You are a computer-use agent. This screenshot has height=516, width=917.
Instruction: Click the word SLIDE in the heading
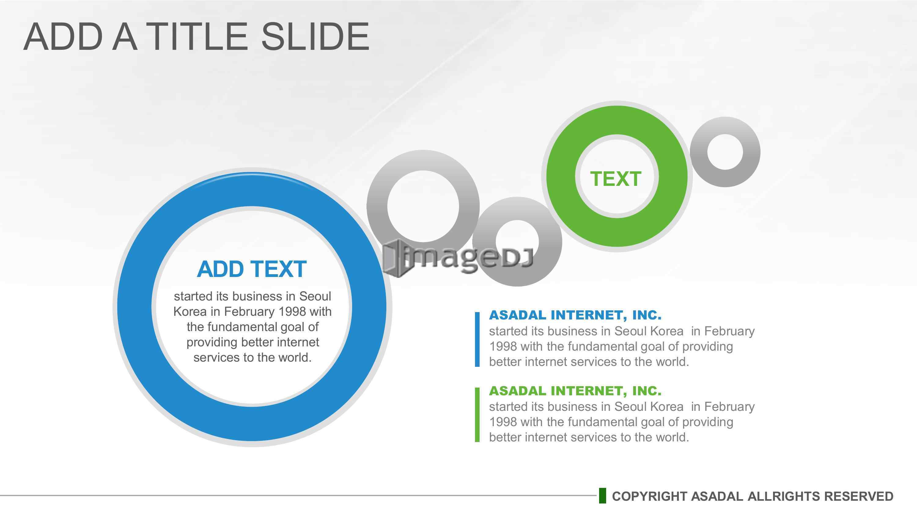(x=315, y=36)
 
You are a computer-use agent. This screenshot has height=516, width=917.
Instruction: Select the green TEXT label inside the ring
(x=616, y=179)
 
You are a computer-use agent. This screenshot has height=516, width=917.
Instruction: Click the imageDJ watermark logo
(x=458, y=257)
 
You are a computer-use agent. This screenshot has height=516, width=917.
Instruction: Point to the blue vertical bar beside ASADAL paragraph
(x=477, y=339)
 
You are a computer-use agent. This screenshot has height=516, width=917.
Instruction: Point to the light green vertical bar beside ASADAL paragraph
(x=477, y=415)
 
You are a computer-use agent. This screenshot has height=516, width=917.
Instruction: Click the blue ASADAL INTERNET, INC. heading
(x=575, y=315)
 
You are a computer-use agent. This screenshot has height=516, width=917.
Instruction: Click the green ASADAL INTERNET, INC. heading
(x=575, y=391)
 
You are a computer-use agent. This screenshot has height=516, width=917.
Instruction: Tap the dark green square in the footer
(x=602, y=496)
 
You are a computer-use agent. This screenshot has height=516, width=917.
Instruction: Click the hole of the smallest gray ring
(x=725, y=152)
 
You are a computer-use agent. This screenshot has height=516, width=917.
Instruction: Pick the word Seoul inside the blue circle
(x=315, y=296)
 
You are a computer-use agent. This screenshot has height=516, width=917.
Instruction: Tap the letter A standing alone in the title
(x=125, y=36)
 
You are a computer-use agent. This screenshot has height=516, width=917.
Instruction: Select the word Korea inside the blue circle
(x=190, y=311)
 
